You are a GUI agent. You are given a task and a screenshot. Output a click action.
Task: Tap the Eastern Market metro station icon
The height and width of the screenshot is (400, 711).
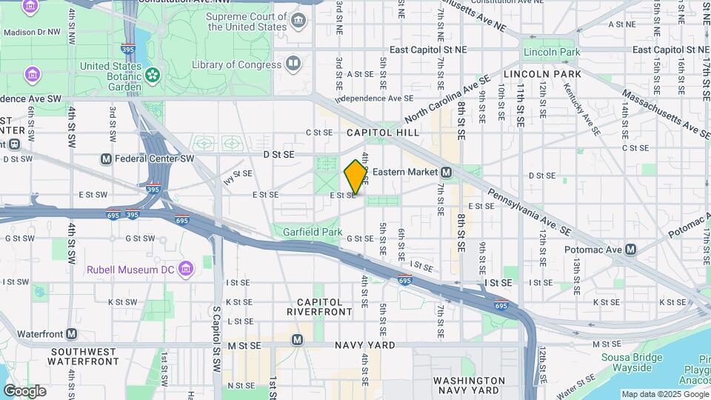coord(447,172)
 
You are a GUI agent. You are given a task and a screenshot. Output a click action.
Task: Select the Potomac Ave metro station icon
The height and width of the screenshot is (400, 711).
coord(630,250)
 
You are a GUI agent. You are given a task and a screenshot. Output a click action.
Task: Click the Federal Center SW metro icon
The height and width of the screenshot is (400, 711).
coord(106,159)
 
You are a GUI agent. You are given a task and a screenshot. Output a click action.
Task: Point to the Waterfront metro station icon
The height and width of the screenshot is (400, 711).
coord(72,334)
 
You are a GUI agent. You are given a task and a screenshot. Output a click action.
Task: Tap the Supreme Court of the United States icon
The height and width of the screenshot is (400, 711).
coord(298,19)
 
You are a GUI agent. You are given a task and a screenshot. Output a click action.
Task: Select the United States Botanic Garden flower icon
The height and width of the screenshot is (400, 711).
coord(152,74)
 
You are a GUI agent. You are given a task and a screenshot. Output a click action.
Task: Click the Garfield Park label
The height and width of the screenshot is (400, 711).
coord(312,232)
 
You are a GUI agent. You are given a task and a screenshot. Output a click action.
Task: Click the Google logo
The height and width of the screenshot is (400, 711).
coord(24,390)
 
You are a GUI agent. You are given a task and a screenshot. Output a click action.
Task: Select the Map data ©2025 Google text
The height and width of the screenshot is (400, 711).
coord(664,394)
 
